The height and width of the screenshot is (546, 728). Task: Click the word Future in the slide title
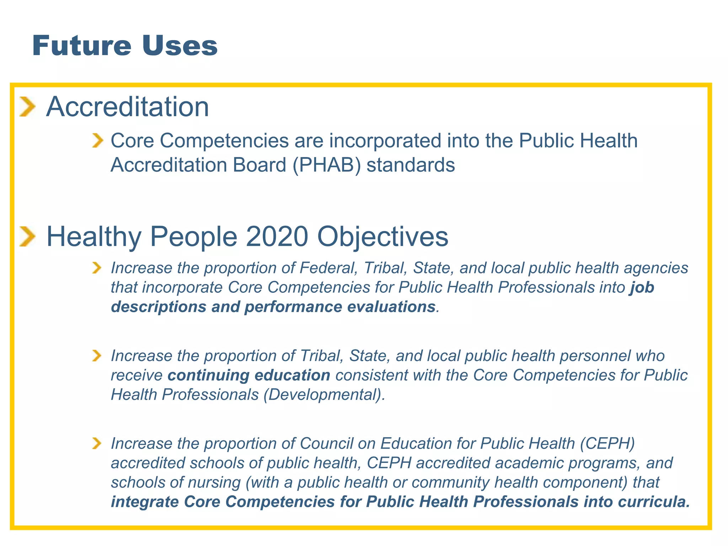(82, 46)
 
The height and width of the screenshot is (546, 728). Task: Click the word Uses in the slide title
(180, 46)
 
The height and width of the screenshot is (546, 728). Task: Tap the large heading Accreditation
(128, 107)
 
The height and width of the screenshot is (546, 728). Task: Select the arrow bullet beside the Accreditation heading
(27, 107)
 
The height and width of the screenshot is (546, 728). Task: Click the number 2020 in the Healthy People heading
(277, 237)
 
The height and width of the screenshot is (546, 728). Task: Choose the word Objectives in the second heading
(382, 237)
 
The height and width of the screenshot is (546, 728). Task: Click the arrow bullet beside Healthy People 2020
(27, 237)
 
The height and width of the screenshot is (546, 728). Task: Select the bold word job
(642, 288)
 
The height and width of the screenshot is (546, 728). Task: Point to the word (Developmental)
(324, 395)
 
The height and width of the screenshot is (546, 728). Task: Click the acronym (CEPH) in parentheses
(607, 444)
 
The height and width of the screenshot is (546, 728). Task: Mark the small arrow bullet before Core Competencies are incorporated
(97, 141)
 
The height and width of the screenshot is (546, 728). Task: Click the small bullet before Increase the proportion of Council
(96, 444)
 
